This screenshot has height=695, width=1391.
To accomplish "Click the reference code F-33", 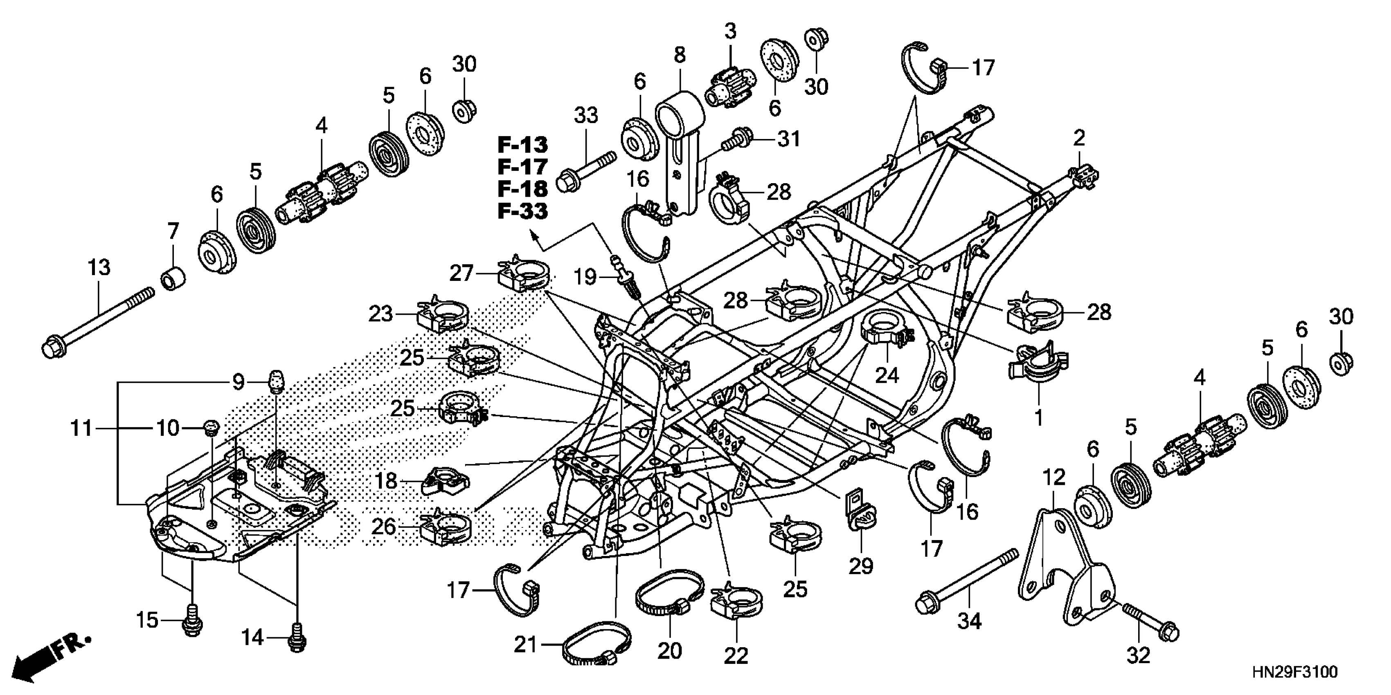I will (x=522, y=211).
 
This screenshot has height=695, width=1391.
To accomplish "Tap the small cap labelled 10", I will (x=211, y=428).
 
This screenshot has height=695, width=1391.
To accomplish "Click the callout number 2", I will (x=1079, y=139).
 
